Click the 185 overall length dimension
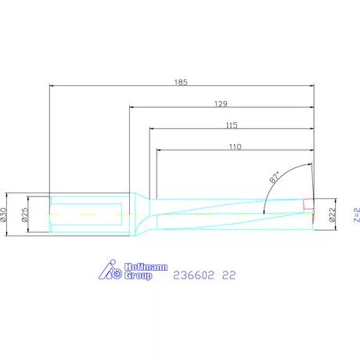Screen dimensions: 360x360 (182, 81)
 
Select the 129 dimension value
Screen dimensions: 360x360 (221, 103)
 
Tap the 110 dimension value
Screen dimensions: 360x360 (235, 146)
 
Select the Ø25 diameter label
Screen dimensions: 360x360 (25, 213)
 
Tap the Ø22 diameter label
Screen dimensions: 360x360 (332, 214)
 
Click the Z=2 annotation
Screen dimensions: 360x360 (354, 214)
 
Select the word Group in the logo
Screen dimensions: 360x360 (138, 275)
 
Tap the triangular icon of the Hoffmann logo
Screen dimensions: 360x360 (107, 270)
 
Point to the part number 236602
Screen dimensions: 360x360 (193, 275)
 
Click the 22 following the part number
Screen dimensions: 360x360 (229, 275)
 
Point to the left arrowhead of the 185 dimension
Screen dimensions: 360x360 (52, 86)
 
